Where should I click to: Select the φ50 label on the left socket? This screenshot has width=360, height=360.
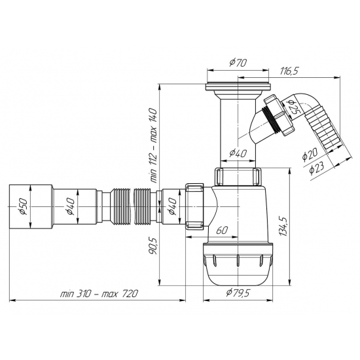pyautogui.click(x=22, y=208)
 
